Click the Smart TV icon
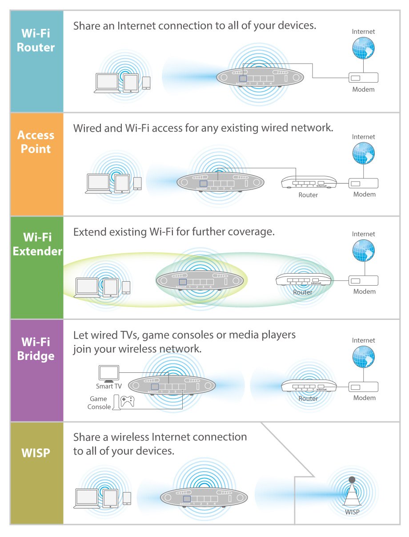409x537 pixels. click(109, 374)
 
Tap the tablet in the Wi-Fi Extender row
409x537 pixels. click(111, 287)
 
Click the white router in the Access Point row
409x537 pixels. click(309, 181)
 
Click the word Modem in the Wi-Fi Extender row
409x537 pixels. click(364, 292)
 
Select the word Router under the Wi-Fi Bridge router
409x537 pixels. click(308, 399)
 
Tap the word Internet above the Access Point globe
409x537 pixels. click(363, 137)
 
